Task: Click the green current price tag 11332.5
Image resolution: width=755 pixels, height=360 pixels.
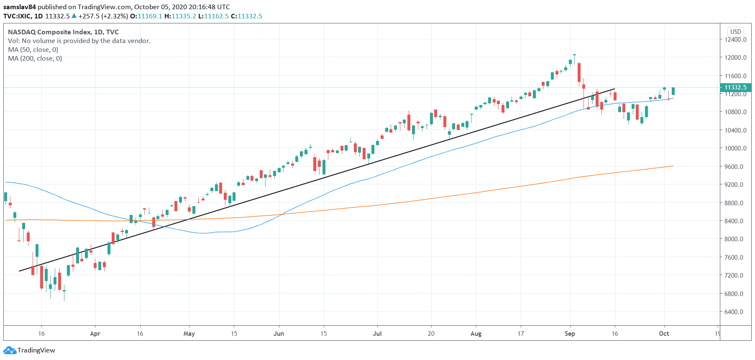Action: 735,87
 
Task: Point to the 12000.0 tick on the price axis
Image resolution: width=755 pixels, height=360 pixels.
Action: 735,58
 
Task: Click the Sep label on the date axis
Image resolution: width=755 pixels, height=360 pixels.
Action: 570,334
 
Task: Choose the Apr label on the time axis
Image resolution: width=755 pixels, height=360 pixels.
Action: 95,334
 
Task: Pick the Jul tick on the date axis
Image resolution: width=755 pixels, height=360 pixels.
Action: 377,334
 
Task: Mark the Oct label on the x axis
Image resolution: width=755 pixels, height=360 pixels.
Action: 664,334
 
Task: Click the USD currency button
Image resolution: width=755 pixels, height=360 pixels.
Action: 736,32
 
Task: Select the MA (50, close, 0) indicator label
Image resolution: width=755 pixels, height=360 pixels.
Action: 33,50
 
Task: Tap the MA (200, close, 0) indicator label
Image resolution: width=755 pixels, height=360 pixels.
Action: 35,59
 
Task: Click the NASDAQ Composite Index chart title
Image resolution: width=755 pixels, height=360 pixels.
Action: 49,32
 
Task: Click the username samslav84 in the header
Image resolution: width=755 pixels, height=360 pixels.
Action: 20,7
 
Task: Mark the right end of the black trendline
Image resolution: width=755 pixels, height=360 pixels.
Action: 614,89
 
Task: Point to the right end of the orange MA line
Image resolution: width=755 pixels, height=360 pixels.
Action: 673,166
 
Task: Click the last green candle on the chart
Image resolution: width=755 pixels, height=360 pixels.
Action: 673,91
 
